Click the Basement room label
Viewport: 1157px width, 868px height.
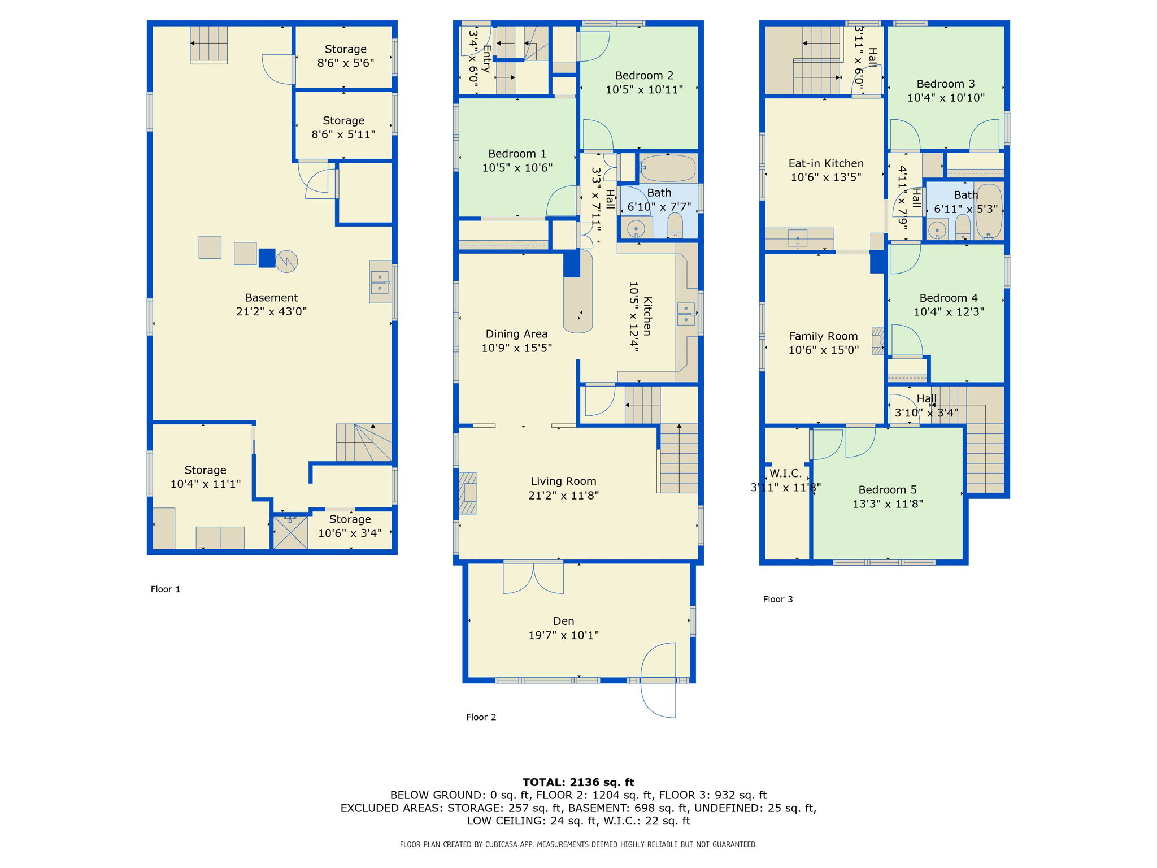271,298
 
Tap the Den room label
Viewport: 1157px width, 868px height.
563,621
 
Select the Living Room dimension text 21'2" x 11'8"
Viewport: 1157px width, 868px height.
563,496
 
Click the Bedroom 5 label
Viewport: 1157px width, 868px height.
888,490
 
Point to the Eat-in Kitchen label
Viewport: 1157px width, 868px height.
826,163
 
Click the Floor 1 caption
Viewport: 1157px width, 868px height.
166,589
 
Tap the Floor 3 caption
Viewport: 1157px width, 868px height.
778,600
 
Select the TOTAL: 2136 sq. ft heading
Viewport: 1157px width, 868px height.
578,782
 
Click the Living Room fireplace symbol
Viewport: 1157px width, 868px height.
467,493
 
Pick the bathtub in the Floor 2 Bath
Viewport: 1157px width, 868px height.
667,168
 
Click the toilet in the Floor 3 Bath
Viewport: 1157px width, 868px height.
963,228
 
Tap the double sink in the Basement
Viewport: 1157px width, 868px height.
380,281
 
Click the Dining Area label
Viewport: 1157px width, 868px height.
516,334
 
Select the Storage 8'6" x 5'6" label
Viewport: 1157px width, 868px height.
346,56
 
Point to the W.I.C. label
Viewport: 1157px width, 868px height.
785,474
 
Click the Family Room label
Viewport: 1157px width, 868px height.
823,336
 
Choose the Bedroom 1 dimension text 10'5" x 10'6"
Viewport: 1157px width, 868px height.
517,168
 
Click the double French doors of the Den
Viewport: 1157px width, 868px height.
533,578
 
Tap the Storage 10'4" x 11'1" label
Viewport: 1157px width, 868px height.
205,477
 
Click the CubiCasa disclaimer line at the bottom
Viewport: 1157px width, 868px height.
578,844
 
